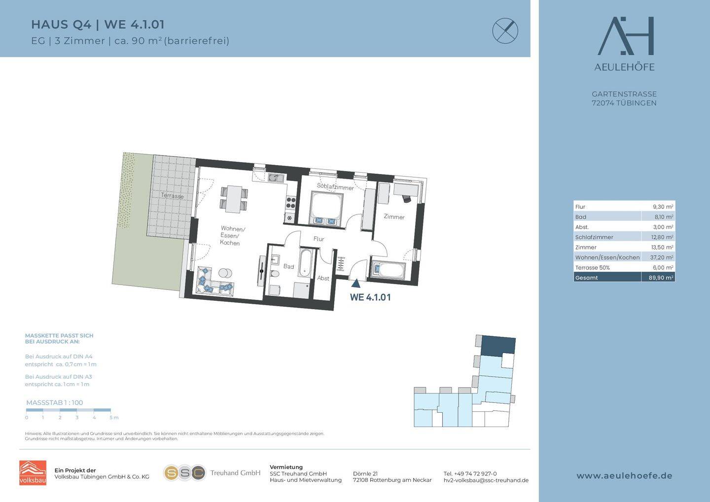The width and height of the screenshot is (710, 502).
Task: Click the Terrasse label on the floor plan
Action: click(x=172, y=196)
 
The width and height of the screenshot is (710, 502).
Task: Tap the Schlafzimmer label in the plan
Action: click(x=335, y=187)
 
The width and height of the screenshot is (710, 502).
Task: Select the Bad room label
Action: click(x=288, y=266)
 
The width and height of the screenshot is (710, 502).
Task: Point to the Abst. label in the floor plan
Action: click(x=323, y=278)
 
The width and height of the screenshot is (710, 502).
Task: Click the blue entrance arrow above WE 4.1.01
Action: click(x=356, y=283)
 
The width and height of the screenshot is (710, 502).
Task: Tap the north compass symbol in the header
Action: click(x=505, y=31)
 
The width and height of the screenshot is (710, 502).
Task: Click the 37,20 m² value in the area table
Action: click(x=662, y=257)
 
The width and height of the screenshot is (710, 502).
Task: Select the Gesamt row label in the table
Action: click(x=586, y=278)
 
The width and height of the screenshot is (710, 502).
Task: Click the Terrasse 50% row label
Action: click(x=593, y=267)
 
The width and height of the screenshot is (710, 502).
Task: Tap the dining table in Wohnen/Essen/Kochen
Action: click(x=234, y=199)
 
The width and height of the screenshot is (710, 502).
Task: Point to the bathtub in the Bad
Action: click(x=306, y=263)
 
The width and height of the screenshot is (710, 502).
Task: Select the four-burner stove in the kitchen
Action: click(x=291, y=203)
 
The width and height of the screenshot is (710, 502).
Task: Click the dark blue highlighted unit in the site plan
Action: click(x=498, y=346)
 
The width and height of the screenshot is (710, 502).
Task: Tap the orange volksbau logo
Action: click(x=33, y=472)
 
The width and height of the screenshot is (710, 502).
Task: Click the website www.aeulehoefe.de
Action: click(x=624, y=476)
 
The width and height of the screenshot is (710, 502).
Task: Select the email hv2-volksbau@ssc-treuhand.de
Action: click(x=486, y=480)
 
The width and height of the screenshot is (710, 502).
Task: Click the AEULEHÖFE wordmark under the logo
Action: click(x=624, y=67)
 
